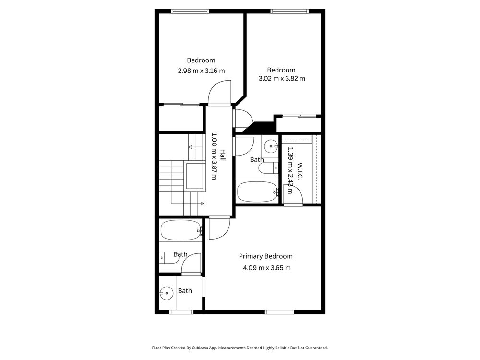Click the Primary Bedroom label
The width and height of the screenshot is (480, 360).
coord(266,256)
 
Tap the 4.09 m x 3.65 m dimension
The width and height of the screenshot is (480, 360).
coord(267,268)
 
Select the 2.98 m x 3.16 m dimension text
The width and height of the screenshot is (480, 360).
coord(202,71)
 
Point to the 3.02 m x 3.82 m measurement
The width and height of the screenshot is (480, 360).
coord(282,78)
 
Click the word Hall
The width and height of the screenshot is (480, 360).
coord(223,155)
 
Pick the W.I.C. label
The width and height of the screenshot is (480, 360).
coord(300,171)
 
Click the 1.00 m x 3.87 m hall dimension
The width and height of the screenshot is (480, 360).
coord(214,156)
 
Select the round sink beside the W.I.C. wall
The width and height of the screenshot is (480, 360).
coord(271,146)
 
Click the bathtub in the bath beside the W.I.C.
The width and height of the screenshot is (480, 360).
coord(257,192)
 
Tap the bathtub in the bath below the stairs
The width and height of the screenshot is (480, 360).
coord(180,230)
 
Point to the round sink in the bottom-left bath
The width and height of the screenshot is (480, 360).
coord(166,293)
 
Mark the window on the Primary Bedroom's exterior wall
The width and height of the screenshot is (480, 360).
coord(279,312)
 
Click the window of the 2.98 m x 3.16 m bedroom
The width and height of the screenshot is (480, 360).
coord(190,12)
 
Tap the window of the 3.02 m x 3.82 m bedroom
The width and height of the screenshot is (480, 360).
coord(289,12)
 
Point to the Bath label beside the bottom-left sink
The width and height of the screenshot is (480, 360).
coord(185,291)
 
